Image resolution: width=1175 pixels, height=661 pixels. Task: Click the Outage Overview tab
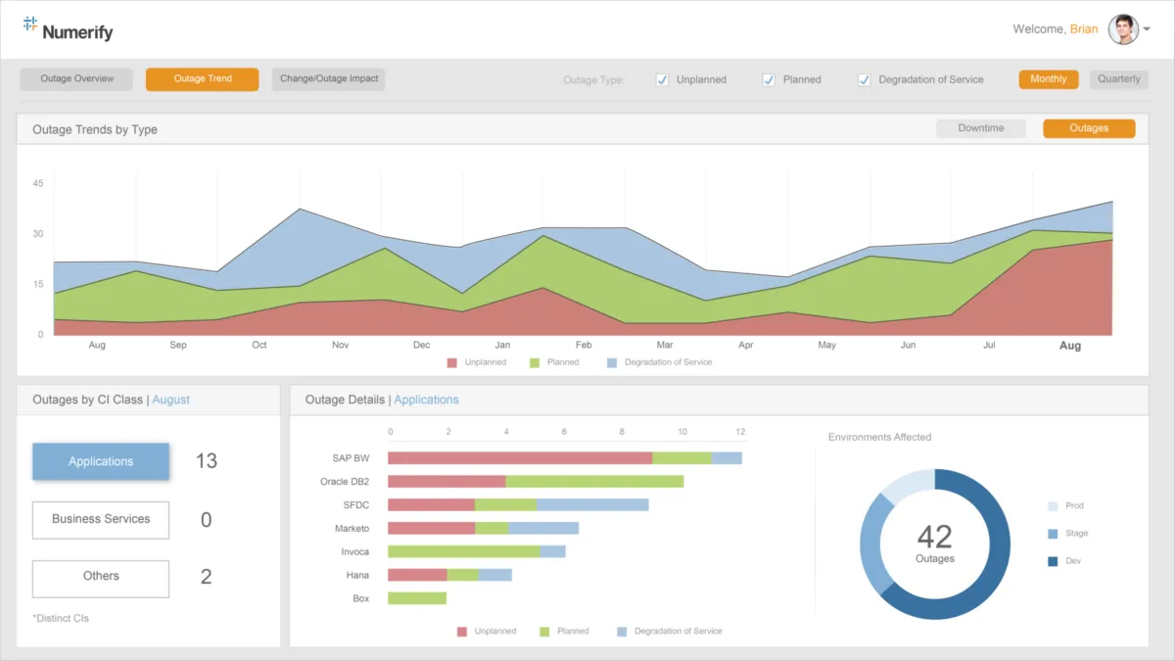(x=76, y=79)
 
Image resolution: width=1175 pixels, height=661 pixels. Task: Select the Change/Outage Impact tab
(x=329, y=79)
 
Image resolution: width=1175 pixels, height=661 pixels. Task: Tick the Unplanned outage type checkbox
(x=663, y=80)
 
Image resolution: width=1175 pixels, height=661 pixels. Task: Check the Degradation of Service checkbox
(x=865, y=80)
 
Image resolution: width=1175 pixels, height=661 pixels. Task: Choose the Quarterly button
(x=1118, y=79)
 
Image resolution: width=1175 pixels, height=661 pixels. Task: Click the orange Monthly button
(x=1049, y=79)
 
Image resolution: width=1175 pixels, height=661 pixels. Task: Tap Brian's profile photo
(x=1123, y=29)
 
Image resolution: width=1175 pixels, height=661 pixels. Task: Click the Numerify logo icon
(x=30, y=24)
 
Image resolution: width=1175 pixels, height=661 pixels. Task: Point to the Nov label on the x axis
(x=340, y=346)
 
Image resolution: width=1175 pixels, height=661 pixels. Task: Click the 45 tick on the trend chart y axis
(x=38, y=183)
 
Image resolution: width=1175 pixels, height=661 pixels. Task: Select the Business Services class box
(x=101, y=520)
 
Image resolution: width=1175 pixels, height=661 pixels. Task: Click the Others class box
(x=101, y=578)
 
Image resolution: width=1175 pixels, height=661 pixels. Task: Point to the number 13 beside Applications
(x=206, y=461)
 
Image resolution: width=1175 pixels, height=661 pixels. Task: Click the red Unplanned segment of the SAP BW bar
(x=520, y=458)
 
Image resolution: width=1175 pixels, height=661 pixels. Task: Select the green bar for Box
(x=417, y=598)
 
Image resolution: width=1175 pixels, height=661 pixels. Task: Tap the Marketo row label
(x=352, y=529)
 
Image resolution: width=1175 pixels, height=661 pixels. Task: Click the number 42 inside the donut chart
(x=934, y=537)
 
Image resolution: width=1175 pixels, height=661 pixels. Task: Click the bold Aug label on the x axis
(x=1070, y=346)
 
